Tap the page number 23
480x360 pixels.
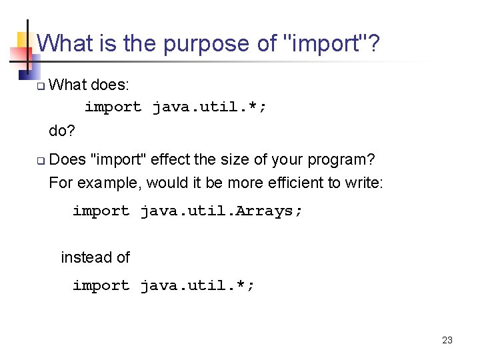447,340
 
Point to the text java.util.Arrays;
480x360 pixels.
221,211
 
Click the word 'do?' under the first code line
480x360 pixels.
62,131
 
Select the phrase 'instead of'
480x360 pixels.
95,257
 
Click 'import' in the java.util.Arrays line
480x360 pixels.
101,211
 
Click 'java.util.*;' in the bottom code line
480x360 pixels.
197,286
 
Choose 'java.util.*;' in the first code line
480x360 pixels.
209,107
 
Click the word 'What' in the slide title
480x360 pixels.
64,44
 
